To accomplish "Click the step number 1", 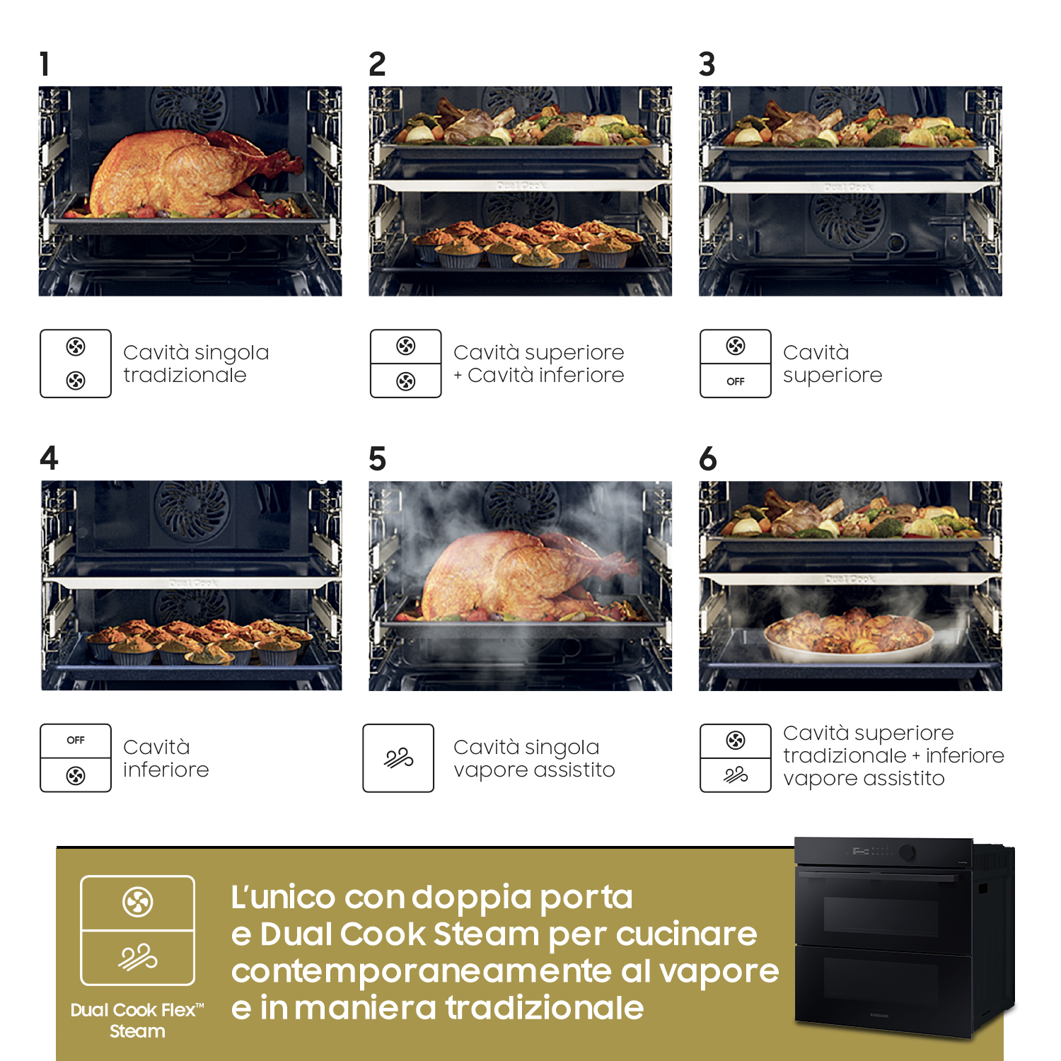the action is tap(45, 64).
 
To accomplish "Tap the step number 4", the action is tap(49, 458).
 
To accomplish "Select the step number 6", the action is tap(708, 458).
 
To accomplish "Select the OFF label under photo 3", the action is tap(736, 381).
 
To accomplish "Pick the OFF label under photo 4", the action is tap(76, 740).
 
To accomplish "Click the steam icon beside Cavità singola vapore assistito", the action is tap(398, 758).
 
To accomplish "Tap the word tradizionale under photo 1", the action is tap(185, 375).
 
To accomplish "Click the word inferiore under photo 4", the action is tap(166, 770).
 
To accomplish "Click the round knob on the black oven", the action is tap(907, 852).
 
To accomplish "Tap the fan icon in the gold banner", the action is tap(138, 902).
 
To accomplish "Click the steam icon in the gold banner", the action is tap(138, 957).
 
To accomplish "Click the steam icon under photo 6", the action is tap(736, 775).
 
